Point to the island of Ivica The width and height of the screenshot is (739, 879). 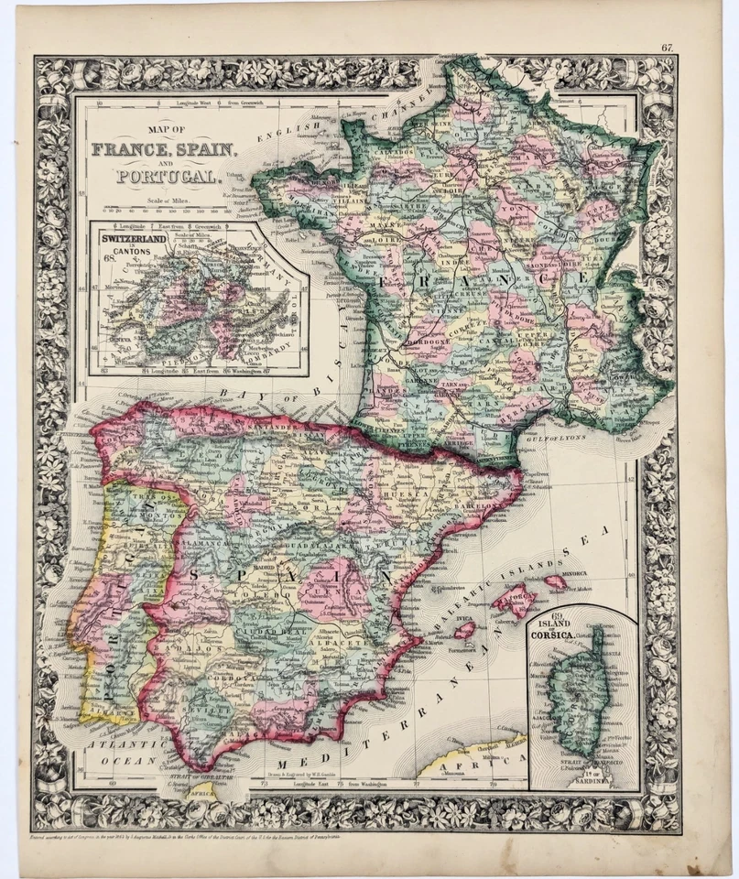pyautogui.click(x=464, y=630)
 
